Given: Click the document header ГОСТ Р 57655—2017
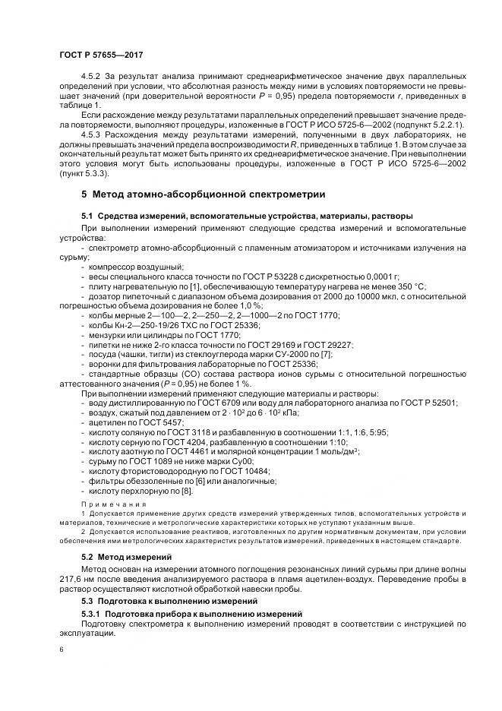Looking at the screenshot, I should (101, 55).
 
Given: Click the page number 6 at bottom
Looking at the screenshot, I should (62, 650).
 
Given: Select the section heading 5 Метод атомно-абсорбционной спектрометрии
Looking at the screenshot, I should (204, 194).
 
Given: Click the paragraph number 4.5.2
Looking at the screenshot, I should (91, 77).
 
